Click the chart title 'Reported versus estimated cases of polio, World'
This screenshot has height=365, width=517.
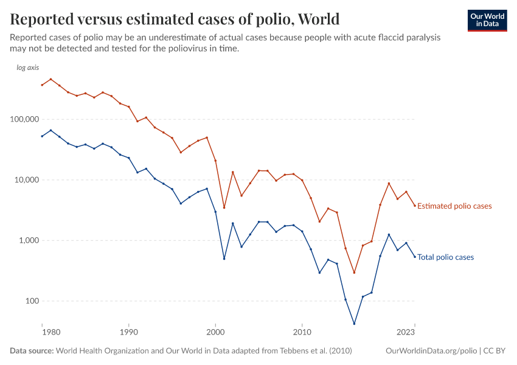coord(175,19)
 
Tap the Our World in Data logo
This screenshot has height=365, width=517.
coord(487,20)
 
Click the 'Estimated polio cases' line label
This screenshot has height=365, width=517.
coord(454,206)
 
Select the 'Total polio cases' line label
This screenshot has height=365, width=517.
coord(445,257)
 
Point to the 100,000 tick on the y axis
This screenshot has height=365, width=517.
coord(23,119)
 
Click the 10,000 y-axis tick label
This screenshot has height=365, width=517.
coord(24,180)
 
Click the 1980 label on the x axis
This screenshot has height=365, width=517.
coord(50,333)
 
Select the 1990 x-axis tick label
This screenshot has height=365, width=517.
coord(128,333)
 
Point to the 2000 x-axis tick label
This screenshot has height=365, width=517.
coord(215,333)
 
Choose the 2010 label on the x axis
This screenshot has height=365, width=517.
coord(302,333)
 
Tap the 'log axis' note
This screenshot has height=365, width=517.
coord(27,68)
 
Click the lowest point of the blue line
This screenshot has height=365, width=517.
coord(354,324)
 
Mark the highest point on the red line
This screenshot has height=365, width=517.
coord(50,79)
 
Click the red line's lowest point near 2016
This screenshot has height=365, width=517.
coord(354,273)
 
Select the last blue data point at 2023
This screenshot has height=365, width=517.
coord(415,257)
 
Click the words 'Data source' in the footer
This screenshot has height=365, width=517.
coord(32,351)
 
